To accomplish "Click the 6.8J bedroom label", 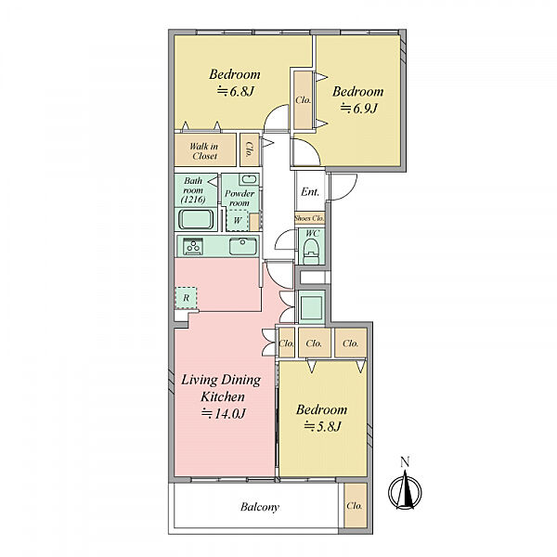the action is coord(235,83).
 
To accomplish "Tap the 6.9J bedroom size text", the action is coord(358,108).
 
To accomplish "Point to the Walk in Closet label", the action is coord(204,151).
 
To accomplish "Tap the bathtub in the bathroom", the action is coord(196,219).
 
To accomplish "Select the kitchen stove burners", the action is coord(193,246).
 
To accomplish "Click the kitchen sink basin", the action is coord(243,246).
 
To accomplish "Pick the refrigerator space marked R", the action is coord(186,298).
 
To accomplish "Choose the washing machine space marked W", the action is coord(237,220).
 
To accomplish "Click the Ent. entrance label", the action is coord(310,192).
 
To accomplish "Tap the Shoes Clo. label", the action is coord(309,218).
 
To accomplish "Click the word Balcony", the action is coord(260,507).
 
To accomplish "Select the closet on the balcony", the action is coord(356,505).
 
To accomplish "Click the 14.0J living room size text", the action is coord(224,413).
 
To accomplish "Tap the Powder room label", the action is coord(240,199).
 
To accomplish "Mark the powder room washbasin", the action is coord(249,179).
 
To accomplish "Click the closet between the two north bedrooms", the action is coord(303,100).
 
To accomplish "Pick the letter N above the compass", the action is coord(405,461).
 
